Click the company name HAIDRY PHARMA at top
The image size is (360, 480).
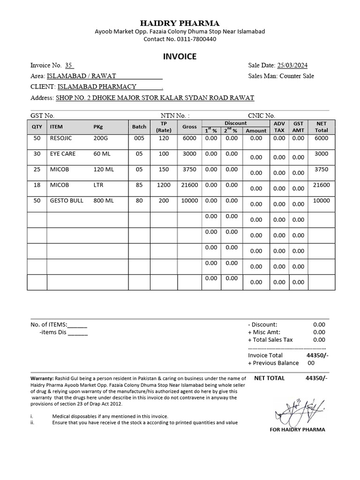(x=180, y=23)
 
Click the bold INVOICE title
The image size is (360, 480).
(x=180, y=57)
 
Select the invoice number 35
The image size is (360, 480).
(x=69, y=66)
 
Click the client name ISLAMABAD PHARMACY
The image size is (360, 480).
(x=97, y=86)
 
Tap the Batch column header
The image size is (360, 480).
(x=139, y=127)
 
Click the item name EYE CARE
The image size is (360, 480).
(x=63, y=154)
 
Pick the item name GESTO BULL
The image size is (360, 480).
(x=67, y=201)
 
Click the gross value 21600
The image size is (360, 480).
(x=189, y=185)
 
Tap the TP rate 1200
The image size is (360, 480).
(x=164, y=185)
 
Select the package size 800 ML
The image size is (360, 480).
(x=104, y=201)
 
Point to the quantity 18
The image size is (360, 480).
(x=37, y=185)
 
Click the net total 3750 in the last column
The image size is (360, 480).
(x=322, y=169)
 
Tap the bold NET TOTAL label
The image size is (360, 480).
(x=269, y=378)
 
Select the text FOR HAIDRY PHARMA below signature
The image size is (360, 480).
(x=297, y=429)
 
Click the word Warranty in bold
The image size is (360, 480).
(x=42, y=378)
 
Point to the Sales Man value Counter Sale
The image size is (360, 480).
(x=297, y=76)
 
